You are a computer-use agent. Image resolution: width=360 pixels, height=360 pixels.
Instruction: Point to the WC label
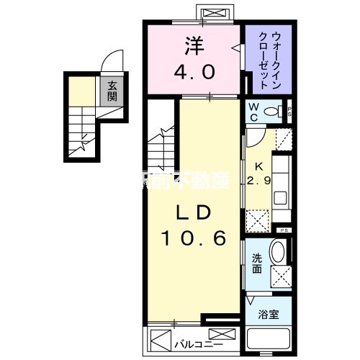255,111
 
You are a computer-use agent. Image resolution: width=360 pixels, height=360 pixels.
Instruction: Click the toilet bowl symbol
273,112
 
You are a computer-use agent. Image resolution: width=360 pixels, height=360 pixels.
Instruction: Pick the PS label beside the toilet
289,111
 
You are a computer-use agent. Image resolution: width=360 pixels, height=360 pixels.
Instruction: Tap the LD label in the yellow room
194,214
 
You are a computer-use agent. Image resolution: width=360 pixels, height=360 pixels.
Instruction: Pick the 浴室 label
269,315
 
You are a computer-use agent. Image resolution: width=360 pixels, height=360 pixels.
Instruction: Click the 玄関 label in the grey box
112,91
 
